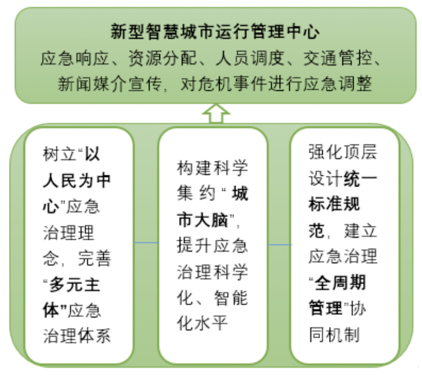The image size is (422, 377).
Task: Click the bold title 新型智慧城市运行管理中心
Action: click(x=215, y=32)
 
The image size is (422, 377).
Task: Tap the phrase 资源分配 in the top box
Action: click(x=163, y=58)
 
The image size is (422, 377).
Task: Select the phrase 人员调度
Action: click(x=250, y=58)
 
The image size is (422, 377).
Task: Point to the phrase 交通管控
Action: click(x=338, y=58)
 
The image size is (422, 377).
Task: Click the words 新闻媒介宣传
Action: click(x=110, y=84)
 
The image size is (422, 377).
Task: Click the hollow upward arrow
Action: click(x=216, y=114)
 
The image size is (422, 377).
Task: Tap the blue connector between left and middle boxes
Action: click(x=146, y=243)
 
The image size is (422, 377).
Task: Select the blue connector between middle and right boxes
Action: click(x=279, y=245)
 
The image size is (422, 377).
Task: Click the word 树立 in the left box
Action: click(x=59, y=154)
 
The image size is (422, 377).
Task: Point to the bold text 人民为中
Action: click(x=77, y=180)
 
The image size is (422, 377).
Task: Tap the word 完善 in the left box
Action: click(x=94, y=259)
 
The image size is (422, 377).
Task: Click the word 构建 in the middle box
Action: click(x=194, y=167)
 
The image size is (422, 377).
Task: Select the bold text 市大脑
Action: click(x=203, y=220)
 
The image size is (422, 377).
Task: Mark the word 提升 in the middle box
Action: click(x=194, y=246)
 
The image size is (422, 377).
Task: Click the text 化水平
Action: click(x=202, y=323)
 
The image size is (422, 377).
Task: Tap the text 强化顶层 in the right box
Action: click(x=343, y=152)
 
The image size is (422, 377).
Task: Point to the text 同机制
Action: click(x=334, y=335)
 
